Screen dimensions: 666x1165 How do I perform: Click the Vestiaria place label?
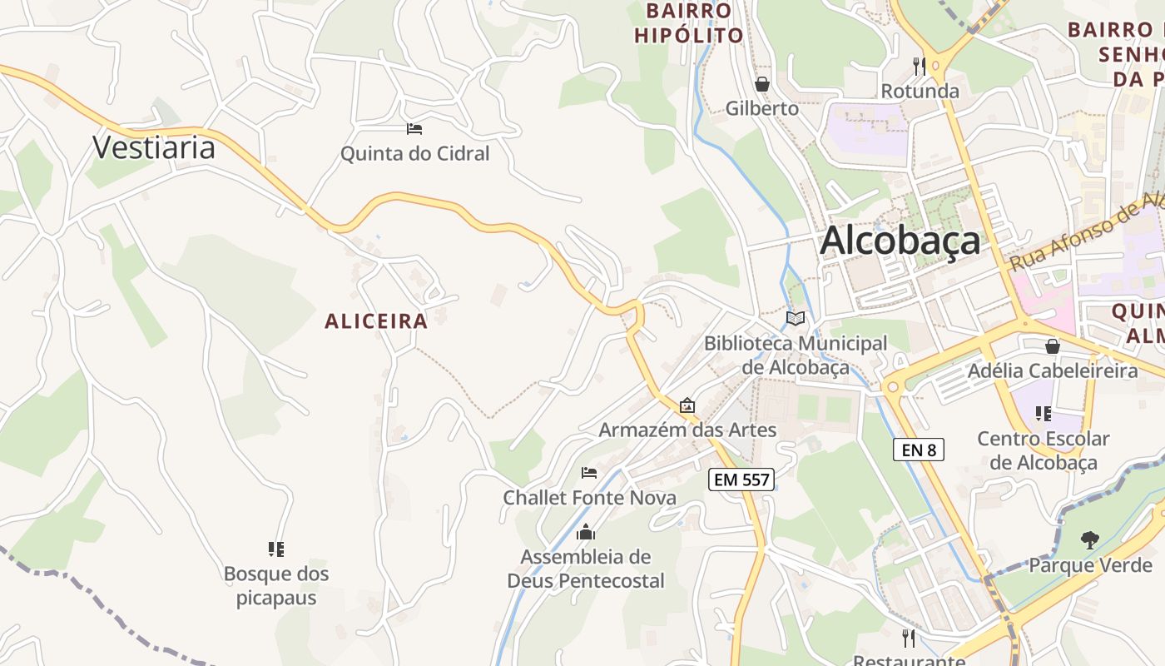click(x=154, y=147)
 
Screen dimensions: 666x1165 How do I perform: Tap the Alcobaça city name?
click(x=900, y=241)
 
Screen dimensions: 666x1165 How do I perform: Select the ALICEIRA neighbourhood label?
click(x=376, y=321)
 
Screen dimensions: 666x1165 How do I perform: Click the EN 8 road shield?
click(x=919, y=450)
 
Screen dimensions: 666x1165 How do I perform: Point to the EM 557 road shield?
click(x=741, y=480)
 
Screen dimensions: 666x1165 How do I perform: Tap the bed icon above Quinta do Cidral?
click(x=414, y=129)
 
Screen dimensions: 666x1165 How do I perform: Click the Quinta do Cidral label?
click(x=415, y=154)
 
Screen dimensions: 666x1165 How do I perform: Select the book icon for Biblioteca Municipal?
click(x=796, y=318)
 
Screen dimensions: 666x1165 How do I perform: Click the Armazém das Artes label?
click(x=687, y=430)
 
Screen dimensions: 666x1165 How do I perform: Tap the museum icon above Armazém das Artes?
click(x=687, y=406)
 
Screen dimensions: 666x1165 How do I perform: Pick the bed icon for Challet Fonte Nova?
click(x=589, y=473)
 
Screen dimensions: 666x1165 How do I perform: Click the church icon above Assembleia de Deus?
click(x=586, y=532)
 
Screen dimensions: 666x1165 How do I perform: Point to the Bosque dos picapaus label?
click(x=276, y=586)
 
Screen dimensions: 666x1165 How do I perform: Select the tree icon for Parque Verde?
click(x=1089, y=540)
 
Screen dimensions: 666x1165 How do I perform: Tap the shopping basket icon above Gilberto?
click(x=761, y=84)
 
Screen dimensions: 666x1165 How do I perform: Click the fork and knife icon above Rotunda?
click(x=920, y=66)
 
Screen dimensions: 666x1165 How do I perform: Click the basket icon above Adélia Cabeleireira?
click(x=1053, y=346)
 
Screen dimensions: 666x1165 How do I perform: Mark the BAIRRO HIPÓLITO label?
click(x=689, y=23)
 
